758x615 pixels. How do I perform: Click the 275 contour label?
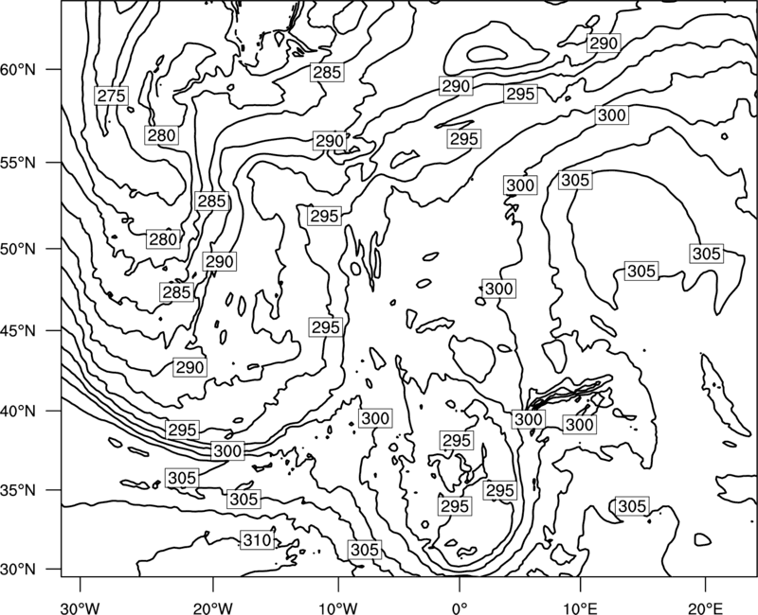(x=111, y=96)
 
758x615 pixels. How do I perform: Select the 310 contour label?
(x=257, y=539)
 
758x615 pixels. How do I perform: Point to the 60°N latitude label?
(x=18, y=70)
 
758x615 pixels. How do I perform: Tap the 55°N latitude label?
(x=18, y=163)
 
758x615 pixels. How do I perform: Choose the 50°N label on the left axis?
(x=18, y=249)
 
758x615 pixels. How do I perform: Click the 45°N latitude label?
(x=18, y=330)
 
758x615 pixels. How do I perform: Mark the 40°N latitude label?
(x=18, y=411)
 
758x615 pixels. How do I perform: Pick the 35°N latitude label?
(x=18, y=490)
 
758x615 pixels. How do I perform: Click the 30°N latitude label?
(x=18, y=570)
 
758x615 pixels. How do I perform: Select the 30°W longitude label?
(x=81, y=607)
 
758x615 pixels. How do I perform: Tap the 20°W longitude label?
(x=212, y=607)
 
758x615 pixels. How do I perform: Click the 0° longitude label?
(x=460, y=607)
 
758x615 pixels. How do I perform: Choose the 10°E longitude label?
(x=580, y=607)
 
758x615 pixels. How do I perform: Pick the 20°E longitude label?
(x=705, y=607)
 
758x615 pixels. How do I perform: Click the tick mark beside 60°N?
(x=54, y=69)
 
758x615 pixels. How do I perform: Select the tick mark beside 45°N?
(x=54, y=330)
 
